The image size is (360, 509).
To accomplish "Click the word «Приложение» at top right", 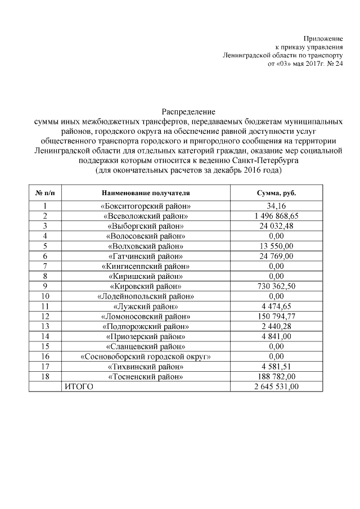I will [323, 37].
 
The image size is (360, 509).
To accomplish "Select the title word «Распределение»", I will [188, 112].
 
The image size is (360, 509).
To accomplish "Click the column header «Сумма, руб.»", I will [276, 193].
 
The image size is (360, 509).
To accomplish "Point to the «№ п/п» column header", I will [44, 193].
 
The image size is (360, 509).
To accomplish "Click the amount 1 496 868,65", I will [276, 216].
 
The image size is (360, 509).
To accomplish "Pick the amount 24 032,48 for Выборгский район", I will [276, 226].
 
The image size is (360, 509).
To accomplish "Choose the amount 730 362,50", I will [276, 286].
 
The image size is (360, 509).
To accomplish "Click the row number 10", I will [44, 296].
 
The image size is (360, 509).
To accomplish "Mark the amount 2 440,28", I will [276, 326].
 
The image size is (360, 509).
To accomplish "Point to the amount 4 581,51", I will [276, 366].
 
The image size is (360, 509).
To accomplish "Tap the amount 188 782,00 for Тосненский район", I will [276, 376].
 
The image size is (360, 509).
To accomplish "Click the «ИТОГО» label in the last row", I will [78, 386].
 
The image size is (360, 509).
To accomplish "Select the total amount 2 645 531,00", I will [276, 386].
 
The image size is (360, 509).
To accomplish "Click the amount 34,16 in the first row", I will [276, 206].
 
